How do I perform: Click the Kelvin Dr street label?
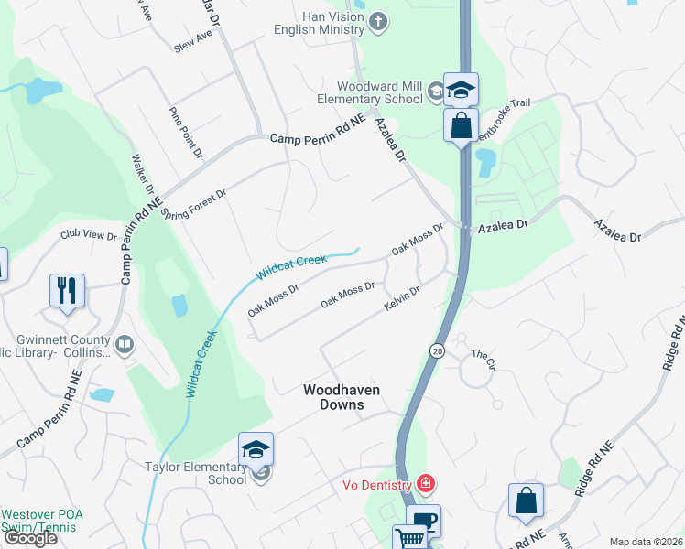pyautogui.click(x=402, y=296)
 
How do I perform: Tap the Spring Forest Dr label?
pyautogui.click(x=193, y=201)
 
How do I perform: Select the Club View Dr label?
pyautogui.click(x=89, y=235)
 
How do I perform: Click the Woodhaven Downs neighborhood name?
pyautogui.click(x=341, y=396)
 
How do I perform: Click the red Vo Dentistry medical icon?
pyautogui.click(x=424, y=482)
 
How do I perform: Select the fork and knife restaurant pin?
pyautogui.click(x=67, y=291)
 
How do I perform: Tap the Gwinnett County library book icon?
pyautogui.click(x=125, y=345)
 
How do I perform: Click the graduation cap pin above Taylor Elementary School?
pyautogui.click(x=256, y=448)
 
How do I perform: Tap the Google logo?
pyautogui.click(x=30, y=537)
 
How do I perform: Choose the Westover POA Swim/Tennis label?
pyautogui.click(x=41, y=522)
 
